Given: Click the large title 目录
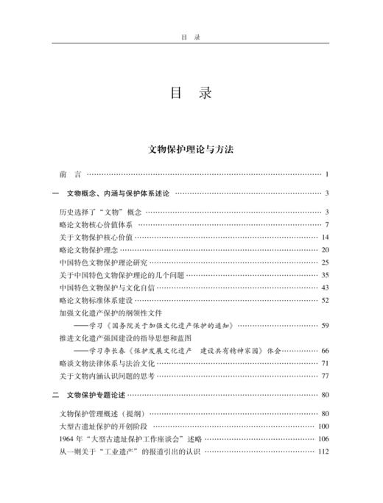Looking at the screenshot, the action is pos(191,94).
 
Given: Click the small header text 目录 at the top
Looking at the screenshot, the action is pos(191,34).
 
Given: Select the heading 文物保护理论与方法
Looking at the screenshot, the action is pos(191,148).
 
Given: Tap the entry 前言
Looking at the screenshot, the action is pos(71,174).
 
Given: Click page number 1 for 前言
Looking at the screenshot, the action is pos(326,174).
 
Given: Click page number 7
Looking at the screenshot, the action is pos(326,224).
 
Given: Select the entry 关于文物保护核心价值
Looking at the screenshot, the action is pos(96,237).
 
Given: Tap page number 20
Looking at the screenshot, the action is pos(324,249).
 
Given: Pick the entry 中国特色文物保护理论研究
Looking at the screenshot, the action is pos(103,262).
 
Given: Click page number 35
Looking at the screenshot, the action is pos(324,274).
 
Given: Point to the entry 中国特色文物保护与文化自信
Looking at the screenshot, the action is pos(107,287).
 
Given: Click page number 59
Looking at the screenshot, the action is pos(324,325).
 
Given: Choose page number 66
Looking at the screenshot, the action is pos(324,351).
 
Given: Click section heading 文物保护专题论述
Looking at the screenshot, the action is pos(96,395).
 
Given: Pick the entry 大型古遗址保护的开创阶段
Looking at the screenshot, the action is pos(103,426).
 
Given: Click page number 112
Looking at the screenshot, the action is pos(322,451).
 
